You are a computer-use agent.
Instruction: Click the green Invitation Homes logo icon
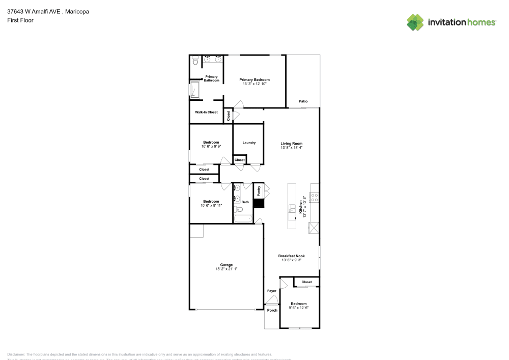pyautogui.click(x=415, y=22)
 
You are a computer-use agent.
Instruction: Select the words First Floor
pyautogui.click(x=20, y=20)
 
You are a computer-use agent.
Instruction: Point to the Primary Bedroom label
pyautogui.click(x=254, y=80)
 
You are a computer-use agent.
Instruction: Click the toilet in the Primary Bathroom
pyautogui.click(x=195, y=61)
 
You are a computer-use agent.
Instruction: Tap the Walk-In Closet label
pyautogui.click(x=206, y=112)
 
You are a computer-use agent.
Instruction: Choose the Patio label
pyautogui.click(x=303, y=101)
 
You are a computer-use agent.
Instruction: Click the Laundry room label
pyautogui.click(x=249, y=143)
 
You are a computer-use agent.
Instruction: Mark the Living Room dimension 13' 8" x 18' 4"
pyautogui.click(x=292, y=148)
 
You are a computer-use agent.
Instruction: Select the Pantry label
pyautogui.click(x=259, y=191)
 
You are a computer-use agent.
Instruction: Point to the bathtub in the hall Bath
pyautogui.click(x=242, y=219)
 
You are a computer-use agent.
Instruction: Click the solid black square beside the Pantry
pyautogui.click(x=259, y=203)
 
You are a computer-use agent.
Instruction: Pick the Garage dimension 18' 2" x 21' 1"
pyautogui.click(x=227, y=268)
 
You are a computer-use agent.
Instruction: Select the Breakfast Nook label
pyautogui.click(x=292, y=256)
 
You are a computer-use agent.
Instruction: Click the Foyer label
pyautogui.click(x=272, y=291)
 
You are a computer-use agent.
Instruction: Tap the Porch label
pyautogui.click(x=272, y=310)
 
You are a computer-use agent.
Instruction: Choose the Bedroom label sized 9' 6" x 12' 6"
pyautogui.click(x=299, y=303)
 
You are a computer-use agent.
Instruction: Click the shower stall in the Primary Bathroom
pyautogui.click(x=195, y=90)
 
